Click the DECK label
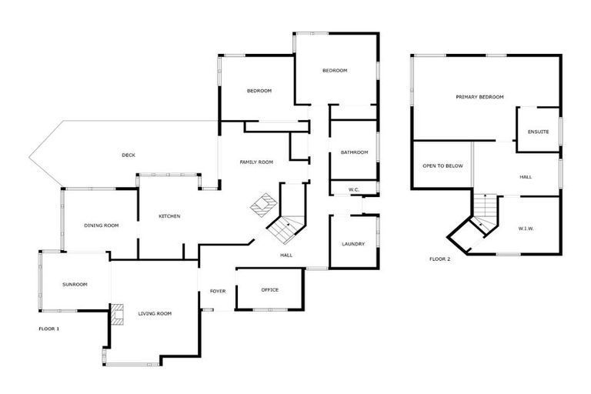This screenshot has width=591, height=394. coord(129,155)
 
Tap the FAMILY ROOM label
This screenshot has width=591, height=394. coord(256,162)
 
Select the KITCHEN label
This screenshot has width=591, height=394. coord(169,216)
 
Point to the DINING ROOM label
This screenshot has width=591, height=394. coord(102,225)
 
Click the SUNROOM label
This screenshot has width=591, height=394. coord(75,285)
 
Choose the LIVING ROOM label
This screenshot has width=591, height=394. coord(155,314)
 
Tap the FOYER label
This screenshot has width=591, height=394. coord(218,291)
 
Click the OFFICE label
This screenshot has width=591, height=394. coord(269,290)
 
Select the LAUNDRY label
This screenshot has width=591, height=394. coord(353,245)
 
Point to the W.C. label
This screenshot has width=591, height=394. coord(354,189)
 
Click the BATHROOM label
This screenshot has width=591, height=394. coord(355,152)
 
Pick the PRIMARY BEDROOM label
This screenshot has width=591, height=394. coord(479,97)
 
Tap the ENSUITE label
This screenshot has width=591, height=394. coord(538,132)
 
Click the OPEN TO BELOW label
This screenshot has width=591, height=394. coord(442,165)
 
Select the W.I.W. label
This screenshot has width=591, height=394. coord(527,228)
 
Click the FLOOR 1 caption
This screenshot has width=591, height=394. coord(48,329)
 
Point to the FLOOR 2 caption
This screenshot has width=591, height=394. coord(440,259)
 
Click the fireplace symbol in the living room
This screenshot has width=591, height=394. coord(116,314)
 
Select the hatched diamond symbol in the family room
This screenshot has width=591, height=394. coord(264,205)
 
